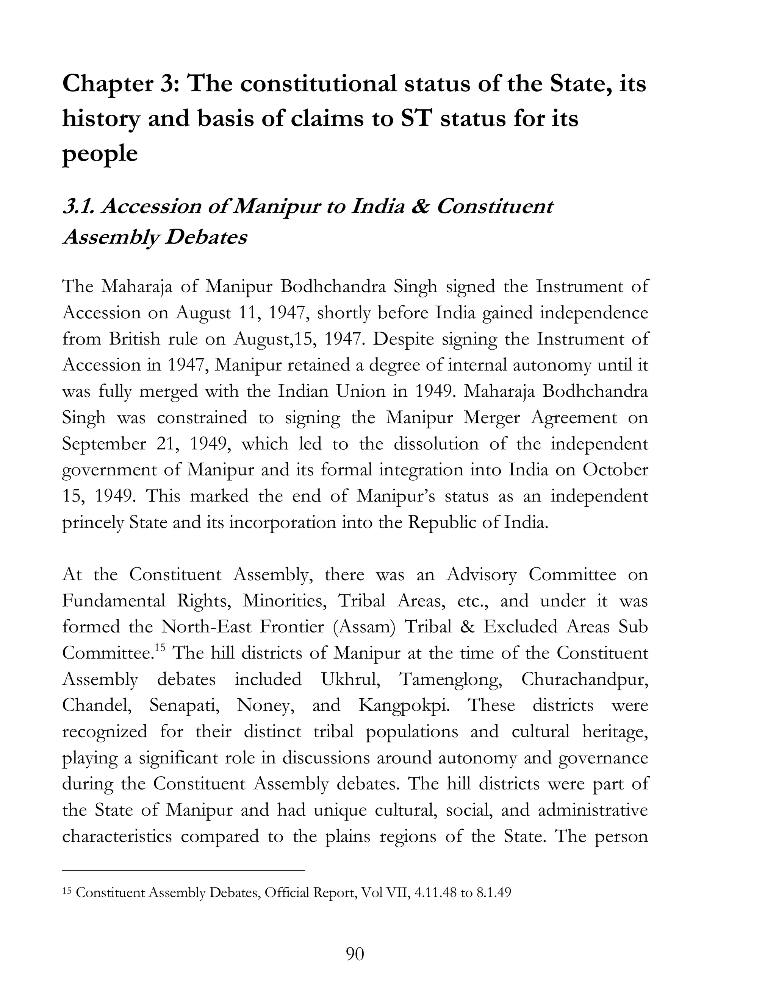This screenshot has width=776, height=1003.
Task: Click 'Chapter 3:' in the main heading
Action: (x=119, y=85)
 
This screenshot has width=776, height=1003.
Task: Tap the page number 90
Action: (x=354, y=954)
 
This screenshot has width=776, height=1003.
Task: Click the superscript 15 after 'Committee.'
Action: (x=160, y=648)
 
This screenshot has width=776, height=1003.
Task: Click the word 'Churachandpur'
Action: (x=584, y=679)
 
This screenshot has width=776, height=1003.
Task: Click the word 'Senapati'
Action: (x=184, y=706)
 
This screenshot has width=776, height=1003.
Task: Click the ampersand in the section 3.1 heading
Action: (x=419, y=207)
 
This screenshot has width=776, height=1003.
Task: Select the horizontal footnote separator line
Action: (x=183, y=870)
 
